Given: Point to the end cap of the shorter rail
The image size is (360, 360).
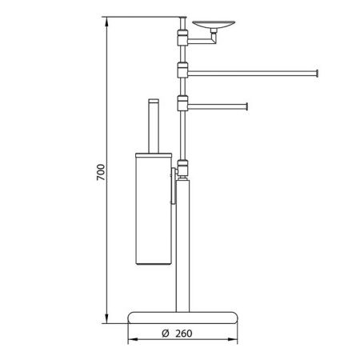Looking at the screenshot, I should [x=246, y=105].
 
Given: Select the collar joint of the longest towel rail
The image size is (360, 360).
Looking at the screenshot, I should [x=182, y=70].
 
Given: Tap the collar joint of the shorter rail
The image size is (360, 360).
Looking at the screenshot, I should [x=182, y=102].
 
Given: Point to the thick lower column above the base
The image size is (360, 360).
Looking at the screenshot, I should [x=183, y=240].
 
